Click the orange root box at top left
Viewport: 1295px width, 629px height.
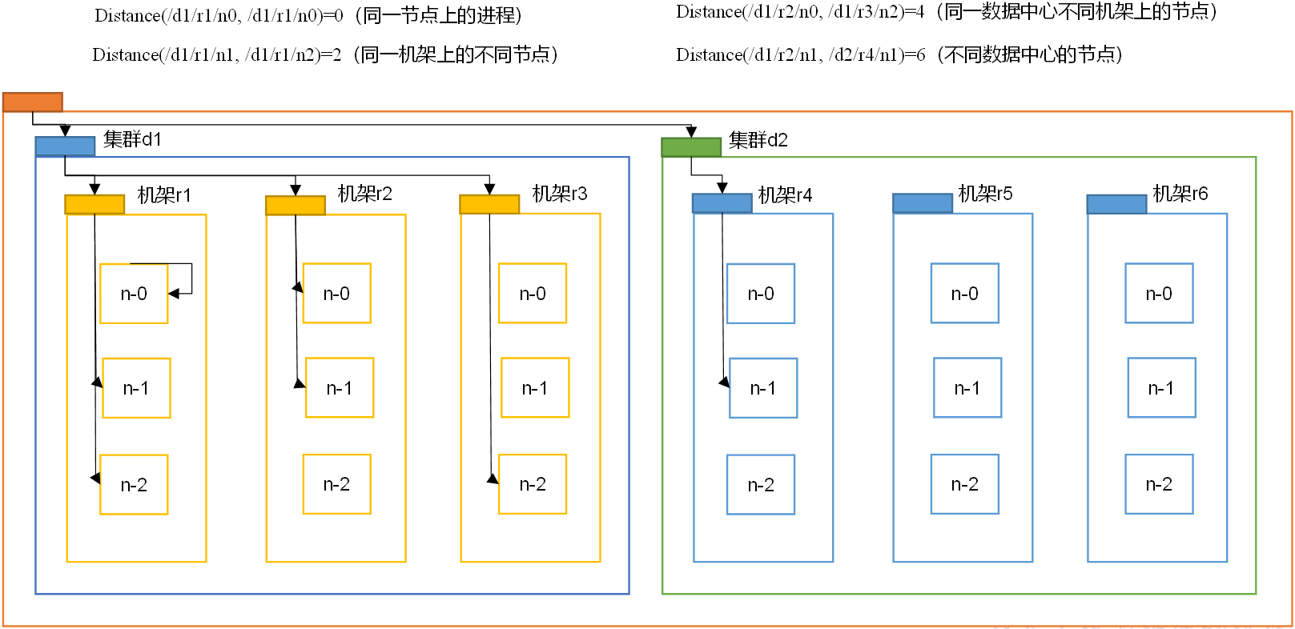(33, 102)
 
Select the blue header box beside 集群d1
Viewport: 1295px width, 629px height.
(65, 146)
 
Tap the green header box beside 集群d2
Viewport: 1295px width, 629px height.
(691, 147)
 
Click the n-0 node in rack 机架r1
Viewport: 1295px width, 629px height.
(134, 294)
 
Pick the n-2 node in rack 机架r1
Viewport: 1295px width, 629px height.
(134, 485)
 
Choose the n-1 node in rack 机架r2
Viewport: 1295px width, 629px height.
(340, 388)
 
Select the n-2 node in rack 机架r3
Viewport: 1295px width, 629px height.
(533, 484)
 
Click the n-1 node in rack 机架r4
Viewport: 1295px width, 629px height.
(763, 388)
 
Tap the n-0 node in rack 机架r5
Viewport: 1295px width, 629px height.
(965, 294)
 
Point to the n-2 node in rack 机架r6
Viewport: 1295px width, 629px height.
(1159, 484)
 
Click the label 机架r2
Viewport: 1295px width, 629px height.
(365, 194)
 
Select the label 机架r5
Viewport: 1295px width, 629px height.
(986, 194)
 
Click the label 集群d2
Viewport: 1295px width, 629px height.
(758, 140)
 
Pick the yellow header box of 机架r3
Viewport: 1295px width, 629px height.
(489, 205)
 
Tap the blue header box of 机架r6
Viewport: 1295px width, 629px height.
(1116, 205)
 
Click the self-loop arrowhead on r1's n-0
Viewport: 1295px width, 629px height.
(173, 294)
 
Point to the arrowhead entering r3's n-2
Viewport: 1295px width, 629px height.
(493, 479)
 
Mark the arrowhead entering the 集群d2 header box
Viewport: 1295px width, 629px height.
(691, 132)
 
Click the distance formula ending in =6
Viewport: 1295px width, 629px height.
(801, 54)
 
